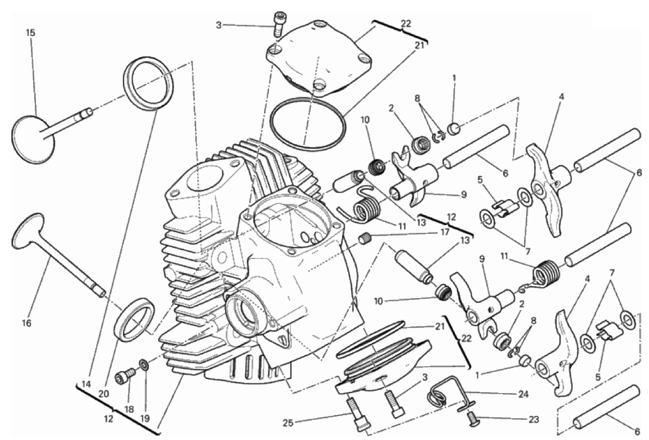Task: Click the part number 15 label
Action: [x=30, y=33]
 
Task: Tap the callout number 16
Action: [x=27, y=323]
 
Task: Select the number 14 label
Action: [x=86, y=384]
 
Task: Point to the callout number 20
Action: [x=103, y=394]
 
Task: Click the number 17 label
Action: [x=445, y=233]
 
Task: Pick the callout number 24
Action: [x=523, y=394]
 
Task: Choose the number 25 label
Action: [x=288, y=423]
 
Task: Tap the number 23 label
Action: [x=534, y=420]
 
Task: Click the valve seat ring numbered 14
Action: [x=148, y=84]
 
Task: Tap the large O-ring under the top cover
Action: [x=307, y=124]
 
